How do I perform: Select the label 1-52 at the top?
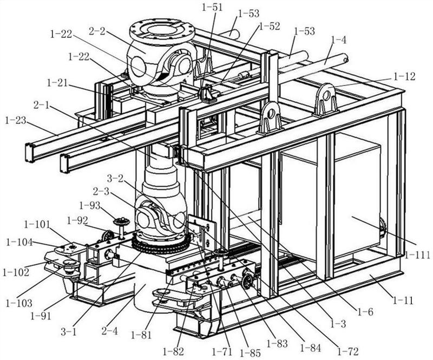point(269,26)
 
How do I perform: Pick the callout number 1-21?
point(58,82)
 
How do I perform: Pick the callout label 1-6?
point(365,312)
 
